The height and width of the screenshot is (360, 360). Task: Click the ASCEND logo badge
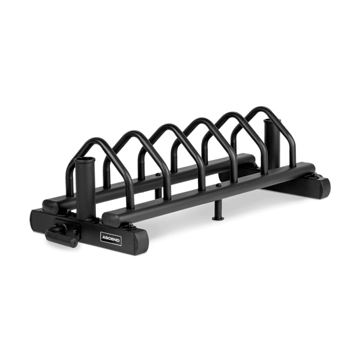[x=111, y=238]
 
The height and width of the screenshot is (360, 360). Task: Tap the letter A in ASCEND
[x=103, y=236]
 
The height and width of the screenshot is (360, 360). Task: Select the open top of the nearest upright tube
[x=84, y=160]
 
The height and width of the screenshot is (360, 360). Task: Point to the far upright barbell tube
[x=272, y=145]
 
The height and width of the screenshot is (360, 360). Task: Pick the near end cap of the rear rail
[x=51, y=205]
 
